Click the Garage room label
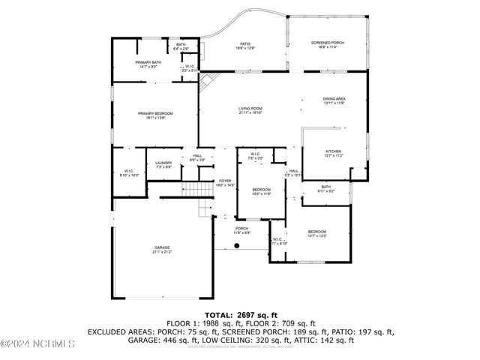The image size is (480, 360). click(x=162, y=250)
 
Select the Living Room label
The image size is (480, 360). click(x=250, y=111)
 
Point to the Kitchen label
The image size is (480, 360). click(x=333, y=154)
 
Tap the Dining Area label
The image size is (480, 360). click(x=334, y=100)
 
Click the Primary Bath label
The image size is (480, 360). click(x=148, y=64)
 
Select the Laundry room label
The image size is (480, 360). click(x=163, y=165)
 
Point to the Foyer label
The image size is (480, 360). click(x=225, y=183)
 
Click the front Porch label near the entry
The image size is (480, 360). click(x=241, y=230)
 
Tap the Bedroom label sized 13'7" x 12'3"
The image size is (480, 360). click(x=317, y=234)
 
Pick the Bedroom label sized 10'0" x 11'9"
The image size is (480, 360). click(x=261, y=191)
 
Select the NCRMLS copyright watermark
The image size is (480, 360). click(x=37, y=344)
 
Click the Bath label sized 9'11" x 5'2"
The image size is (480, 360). click(x=325, y=189)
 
